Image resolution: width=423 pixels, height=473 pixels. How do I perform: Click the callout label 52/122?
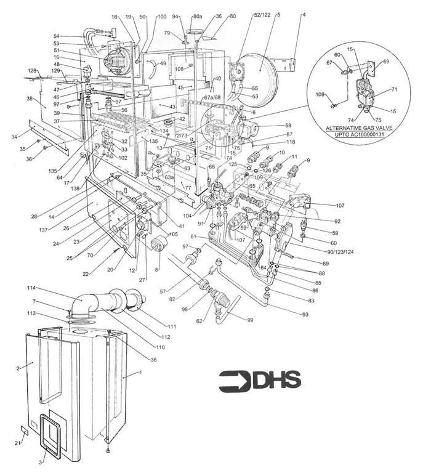(244, 15)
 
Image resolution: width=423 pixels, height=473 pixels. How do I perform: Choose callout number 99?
(250, 320)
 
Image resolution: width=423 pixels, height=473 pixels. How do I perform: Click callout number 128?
(32, 71)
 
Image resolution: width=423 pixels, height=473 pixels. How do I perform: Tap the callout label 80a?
(198, 15)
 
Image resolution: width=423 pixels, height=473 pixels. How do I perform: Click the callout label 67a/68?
(212, 97)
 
